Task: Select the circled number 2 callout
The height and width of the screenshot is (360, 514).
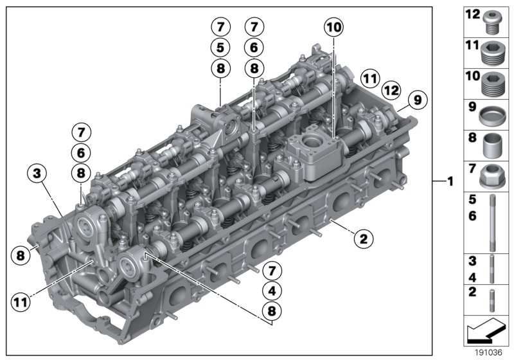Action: pos(363,239)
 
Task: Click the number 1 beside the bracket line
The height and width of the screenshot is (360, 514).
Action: pos(450,182)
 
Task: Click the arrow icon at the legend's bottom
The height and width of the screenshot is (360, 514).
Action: pos(486,332)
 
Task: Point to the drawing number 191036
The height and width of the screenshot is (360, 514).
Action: pos(488,353)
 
